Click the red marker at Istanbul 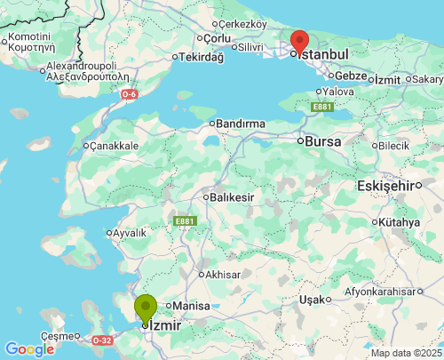click(x=300, y=41)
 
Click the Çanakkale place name click(x=114, y=145)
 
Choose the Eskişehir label click(x=386, y=186)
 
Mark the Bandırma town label click(x=241, y=124)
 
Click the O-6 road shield click(x=130, y=93)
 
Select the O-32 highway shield click(x=103, y=340)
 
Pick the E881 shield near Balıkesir click(x=184, y=220)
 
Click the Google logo click(x=28, y=349)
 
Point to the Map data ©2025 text click(x=406, y=353)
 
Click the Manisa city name click(x=190, y=306)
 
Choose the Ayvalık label click(x=129, y=233)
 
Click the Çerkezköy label click(x=242, y=24)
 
